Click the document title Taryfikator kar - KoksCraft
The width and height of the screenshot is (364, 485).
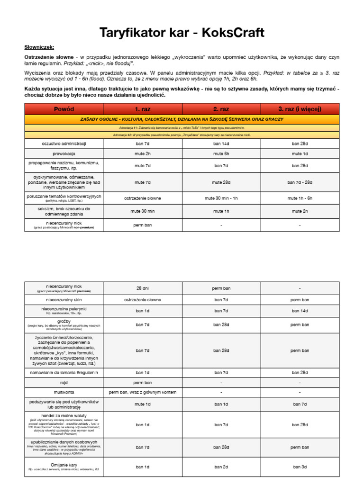tap(182, 33)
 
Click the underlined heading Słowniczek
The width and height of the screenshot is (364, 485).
tap(39, 47)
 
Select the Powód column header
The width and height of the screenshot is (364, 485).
tap(64, 109)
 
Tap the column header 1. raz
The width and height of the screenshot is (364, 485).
tap(143, 109)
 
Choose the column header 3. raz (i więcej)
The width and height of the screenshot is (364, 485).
tap(300, 109)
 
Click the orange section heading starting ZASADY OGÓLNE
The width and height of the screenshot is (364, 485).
tap(182, 119)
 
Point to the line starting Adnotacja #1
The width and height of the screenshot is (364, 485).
tap(182, 128)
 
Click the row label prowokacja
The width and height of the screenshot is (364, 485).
tap(64, 153)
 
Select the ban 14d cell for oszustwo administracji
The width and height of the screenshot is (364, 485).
tap(221, 143)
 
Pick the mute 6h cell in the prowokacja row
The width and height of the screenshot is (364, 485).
tap(221, 153)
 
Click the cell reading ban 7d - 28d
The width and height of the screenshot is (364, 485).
tap(300, 182)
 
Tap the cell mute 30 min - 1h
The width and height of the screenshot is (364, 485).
tap(221, 198)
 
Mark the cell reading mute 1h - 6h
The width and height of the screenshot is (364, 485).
tap(300, 198)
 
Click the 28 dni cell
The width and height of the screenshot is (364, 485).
tap(143, 288)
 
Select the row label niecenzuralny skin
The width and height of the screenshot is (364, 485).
tap(64, 300)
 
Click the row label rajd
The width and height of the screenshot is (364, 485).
tap(64, 382)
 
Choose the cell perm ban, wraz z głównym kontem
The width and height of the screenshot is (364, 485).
tap(143, 392)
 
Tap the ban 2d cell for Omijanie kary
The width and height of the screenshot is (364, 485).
tap(221, 467)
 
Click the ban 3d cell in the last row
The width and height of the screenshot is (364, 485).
tap(300, 467)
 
